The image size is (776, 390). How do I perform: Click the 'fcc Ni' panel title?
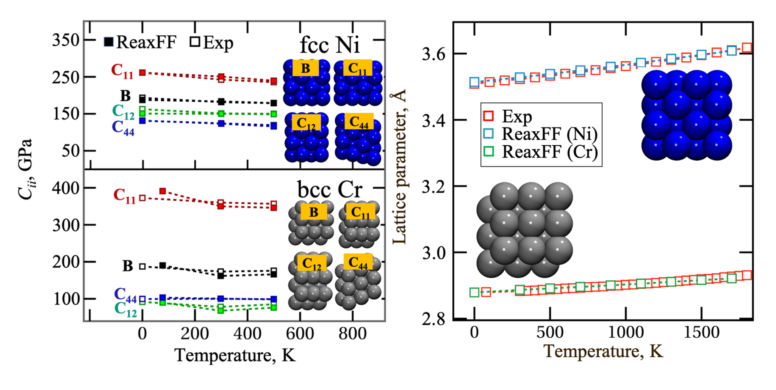pos(330,46)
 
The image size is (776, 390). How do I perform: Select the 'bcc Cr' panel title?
pos(330,189)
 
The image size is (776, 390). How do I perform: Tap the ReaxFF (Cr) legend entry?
pos(542,152)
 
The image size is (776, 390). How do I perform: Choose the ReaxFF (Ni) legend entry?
pos(542,134)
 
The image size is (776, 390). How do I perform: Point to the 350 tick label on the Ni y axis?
pos(66,40)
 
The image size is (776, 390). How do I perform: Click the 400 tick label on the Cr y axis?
pos(66,188)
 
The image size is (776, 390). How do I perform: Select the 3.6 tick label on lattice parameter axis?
pos(433,54)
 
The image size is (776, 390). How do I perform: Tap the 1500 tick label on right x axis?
pos(701,332)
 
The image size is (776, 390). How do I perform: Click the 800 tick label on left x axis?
pos(352,334)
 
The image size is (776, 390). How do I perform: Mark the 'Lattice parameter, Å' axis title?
pos(399,167)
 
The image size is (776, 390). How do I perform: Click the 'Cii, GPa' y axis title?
pos(26,169)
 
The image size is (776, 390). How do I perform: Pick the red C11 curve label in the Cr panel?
pos(125,196)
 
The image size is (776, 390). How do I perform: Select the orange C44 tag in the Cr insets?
pos(358,262)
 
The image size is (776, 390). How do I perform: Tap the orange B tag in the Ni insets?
pos(305,68)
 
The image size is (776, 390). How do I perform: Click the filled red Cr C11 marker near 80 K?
pos(163,191)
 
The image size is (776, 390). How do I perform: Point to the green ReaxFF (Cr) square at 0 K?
pos(474,292)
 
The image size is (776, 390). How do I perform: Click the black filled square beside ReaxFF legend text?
pos(109,42)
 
